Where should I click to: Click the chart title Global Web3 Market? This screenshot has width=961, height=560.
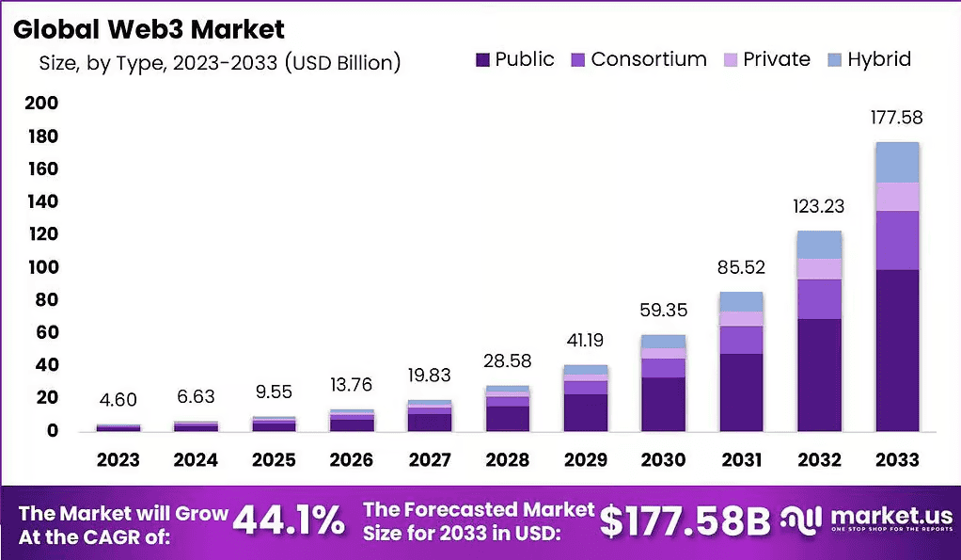pyautogui.click(x=149, y=29)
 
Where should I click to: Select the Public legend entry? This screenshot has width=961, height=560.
pyautogui.click(x=515, y=59)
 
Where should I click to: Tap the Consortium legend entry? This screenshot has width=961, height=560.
pyautogui.click(x=638, y=59)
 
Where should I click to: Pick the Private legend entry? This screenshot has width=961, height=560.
pyautogui.click(x=766, y=59)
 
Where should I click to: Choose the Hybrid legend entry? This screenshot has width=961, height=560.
pyautogui.click(x=869, y=59)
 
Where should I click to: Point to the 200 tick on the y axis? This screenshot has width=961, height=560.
pyautogui.click(x=41, y=103)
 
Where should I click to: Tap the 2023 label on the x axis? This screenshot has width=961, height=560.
pyautogui.click(x=118, y=460)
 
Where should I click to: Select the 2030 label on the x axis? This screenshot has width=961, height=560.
pyautogui.click(x=663, y=460)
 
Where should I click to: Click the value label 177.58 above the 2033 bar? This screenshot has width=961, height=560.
pyautogui.click(x=897, y=117)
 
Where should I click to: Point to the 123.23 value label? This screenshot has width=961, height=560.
pyautogui.click(x=819, y=206)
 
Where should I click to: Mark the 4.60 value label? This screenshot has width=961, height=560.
pyautogui.click(x=118, y=400)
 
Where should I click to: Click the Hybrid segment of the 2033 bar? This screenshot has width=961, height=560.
pyautogui.click(x=897, y=163)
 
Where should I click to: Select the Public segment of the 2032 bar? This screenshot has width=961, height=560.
pyautogui.click(x=819, y=375)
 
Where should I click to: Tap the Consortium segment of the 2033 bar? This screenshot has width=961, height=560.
pyautogui.click(x=897, y=240)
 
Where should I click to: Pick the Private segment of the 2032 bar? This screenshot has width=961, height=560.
pyautogui.click(x=819, y=269)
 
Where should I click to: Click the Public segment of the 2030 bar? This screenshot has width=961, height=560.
pyautogui.click(x=663, y=404)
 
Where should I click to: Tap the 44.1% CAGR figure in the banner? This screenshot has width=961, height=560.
pyautogui.click(x=290, y=521)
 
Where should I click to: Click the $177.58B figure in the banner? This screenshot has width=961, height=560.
pyautogui.click(x=685, y=522)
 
